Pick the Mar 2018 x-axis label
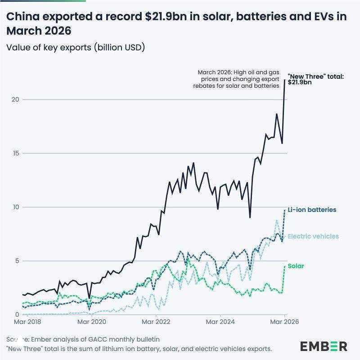pos(27,322)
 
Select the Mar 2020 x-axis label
pos(92,322)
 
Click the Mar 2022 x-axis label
pos(156,322)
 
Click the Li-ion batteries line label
pos(312,210)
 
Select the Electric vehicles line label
pos(313,236)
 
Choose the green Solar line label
pos(296,266)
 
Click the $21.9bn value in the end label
pos(299,83)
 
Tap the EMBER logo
pos(324,346)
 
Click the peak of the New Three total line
pos(284,80)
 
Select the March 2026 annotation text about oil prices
pos(238,79)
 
